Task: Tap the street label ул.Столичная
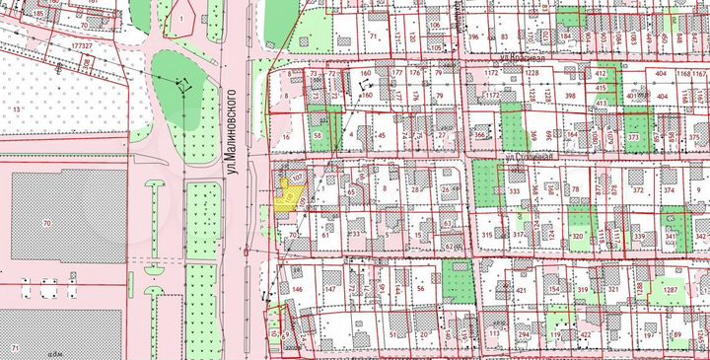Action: click(532, 155)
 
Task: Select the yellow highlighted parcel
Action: click(287, 200)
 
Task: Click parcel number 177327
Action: click(83, 46)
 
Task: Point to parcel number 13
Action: click(17, 107)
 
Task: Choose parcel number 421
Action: click(520, 291)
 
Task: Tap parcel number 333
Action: click(515, 191)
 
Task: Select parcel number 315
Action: click(487, 235)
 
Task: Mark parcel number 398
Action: click(569, 96)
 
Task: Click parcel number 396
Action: click(473, 37)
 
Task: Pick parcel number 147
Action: click(330, 289)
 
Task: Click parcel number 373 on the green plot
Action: click(635, 138)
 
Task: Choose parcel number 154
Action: click(554, 289)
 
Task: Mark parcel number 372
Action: click(639, 190)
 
